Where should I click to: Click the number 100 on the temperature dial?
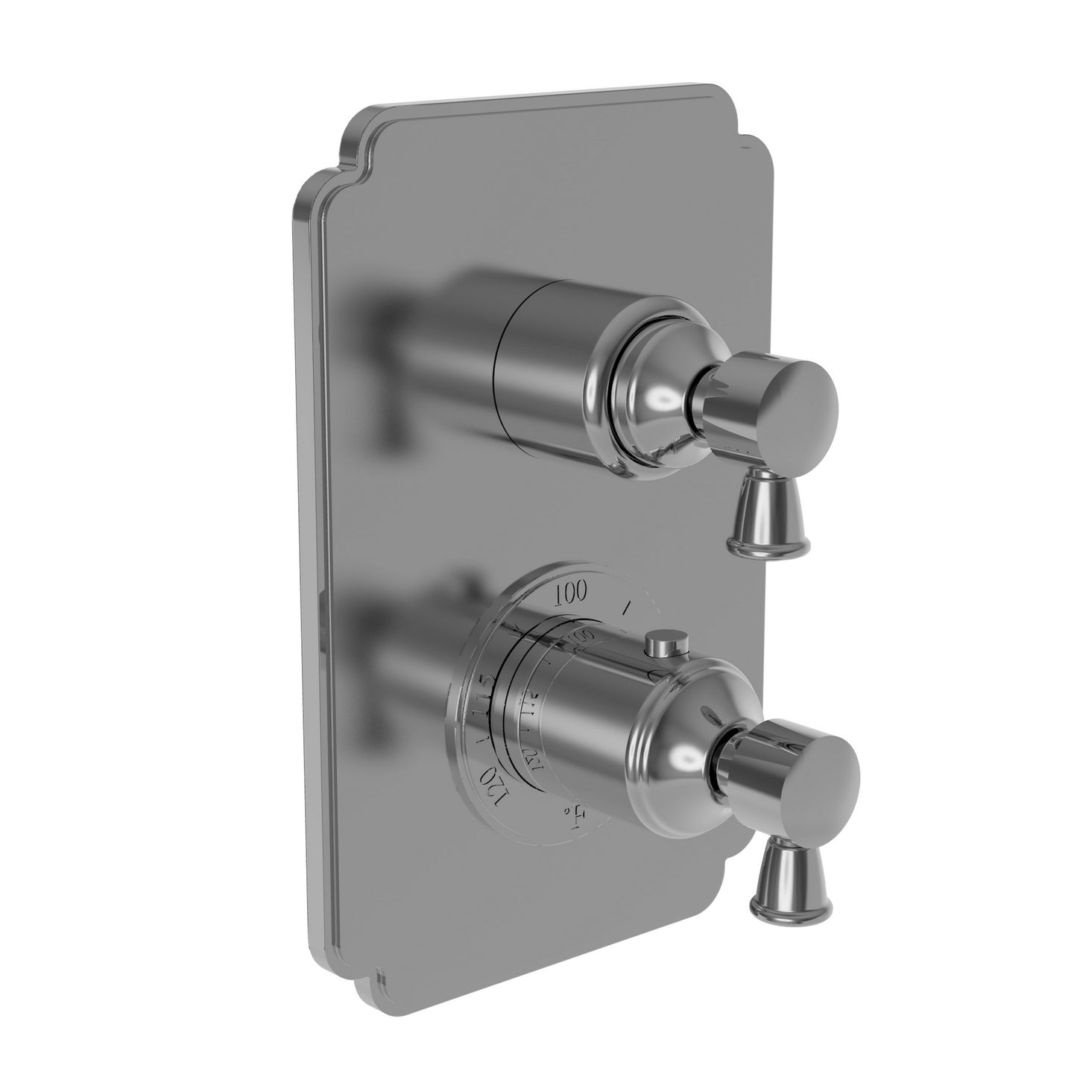[x=571, y=593]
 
